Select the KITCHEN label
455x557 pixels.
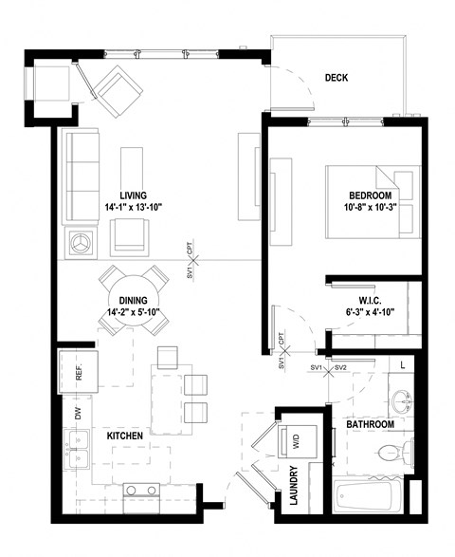tap(124, 436)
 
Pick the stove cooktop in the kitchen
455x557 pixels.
tap(141, 492)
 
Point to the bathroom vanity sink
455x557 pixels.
tap(405, 400)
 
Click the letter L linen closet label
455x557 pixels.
tap(403, 364)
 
